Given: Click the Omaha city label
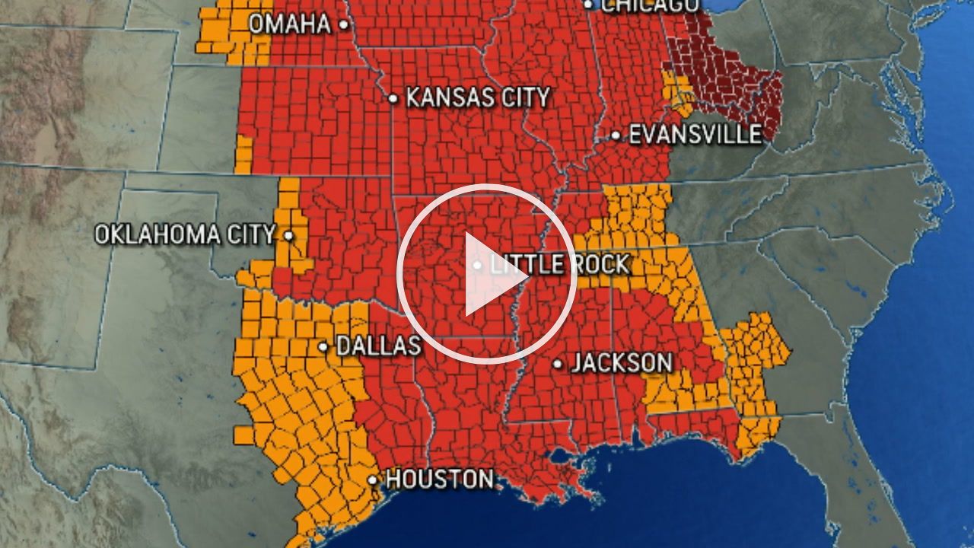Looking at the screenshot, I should pos(290,24).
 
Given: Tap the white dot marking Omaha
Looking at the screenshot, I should pos(344,24).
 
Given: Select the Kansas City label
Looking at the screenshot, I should pos(477,97).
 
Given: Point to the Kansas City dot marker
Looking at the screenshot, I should pos(393,98).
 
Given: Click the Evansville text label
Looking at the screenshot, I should pos(695,135).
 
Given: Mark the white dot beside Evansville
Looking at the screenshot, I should pos(616,135).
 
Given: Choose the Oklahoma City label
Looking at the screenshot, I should pos(184,234).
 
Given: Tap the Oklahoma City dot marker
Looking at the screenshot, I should pos(288,235).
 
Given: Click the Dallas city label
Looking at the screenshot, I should pos(378,346).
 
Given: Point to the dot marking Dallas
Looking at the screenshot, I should pos(323,347).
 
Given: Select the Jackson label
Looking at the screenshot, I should pos(622,363).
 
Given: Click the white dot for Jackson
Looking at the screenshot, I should pos(558,364).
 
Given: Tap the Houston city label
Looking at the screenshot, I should pos(439,479).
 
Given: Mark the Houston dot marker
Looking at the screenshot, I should pos(373,480).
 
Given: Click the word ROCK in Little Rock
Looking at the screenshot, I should pos(600,265).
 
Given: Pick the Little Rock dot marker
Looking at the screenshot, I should pos(477,266).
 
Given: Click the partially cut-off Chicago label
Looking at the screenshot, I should pos(650,5).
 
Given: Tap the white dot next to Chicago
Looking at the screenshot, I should pos(588,5).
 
